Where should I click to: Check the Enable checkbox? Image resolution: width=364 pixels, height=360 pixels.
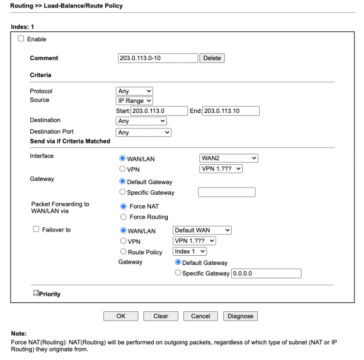[21, 39]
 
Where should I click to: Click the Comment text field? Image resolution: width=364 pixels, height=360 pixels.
[157, 58]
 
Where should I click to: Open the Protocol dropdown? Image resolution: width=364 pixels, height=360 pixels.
[135, 91]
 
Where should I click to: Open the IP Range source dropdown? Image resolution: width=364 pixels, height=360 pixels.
[135, 100]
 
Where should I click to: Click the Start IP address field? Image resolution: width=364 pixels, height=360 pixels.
[159, 111]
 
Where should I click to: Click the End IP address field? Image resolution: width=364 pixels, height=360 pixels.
[231, 111]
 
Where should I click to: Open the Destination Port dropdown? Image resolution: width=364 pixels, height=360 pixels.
[144, 133]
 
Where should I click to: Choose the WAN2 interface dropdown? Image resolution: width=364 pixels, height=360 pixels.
[228, 159]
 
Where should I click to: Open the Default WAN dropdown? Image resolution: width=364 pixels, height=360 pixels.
[202, 230]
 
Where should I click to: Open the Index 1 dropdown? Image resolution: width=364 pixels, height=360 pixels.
[190, 252]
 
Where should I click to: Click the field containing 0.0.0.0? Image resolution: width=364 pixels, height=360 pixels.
[266, 273]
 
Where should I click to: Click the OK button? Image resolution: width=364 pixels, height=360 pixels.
[121, 316]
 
